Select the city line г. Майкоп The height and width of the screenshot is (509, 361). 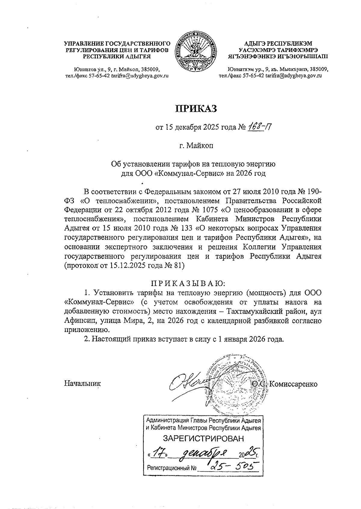pyautogui.click(x=196, y=146)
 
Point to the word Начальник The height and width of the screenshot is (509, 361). pyautogui.click(x=82, y=384)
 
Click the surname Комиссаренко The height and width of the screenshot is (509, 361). pyautogui.click(x=293, y=384)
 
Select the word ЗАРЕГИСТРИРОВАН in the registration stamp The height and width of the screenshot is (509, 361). pyautogui.click(x=203, y=438)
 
